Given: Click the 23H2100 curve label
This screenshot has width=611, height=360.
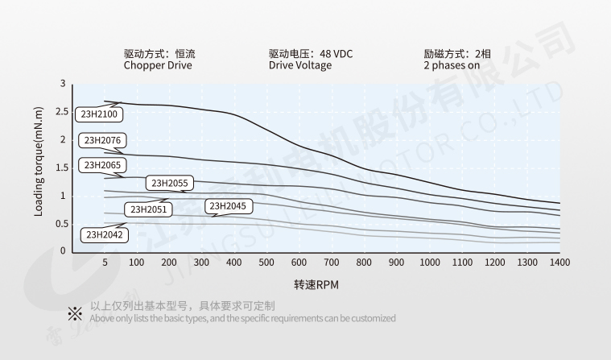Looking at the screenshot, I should coord(99,114).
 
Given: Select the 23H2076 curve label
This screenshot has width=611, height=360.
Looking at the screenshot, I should coord(101,140).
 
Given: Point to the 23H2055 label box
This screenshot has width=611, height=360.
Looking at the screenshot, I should coord(169,183).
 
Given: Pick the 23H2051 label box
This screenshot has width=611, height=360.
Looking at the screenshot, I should coord(147,209).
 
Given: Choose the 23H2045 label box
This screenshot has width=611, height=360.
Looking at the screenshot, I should coord(228,206).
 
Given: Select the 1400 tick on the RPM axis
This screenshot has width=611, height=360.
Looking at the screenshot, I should coord(559,263).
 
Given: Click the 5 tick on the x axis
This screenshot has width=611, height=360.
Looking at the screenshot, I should coord(105,263).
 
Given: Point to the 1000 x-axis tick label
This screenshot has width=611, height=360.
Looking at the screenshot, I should coord(430,263).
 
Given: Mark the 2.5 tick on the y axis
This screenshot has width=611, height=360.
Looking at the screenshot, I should coord(61,111).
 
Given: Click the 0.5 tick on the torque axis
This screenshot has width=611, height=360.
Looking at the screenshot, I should coord(61,223).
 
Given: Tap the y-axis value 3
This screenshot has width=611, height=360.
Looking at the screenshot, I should coord(64,84).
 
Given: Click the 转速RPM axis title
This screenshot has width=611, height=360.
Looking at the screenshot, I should coord(316,285).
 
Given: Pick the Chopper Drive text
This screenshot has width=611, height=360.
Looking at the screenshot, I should coord(158,66).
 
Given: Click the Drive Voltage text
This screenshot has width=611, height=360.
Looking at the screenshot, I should coord(299,66).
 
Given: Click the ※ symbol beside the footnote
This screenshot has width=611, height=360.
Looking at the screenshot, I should coord(75,312).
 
